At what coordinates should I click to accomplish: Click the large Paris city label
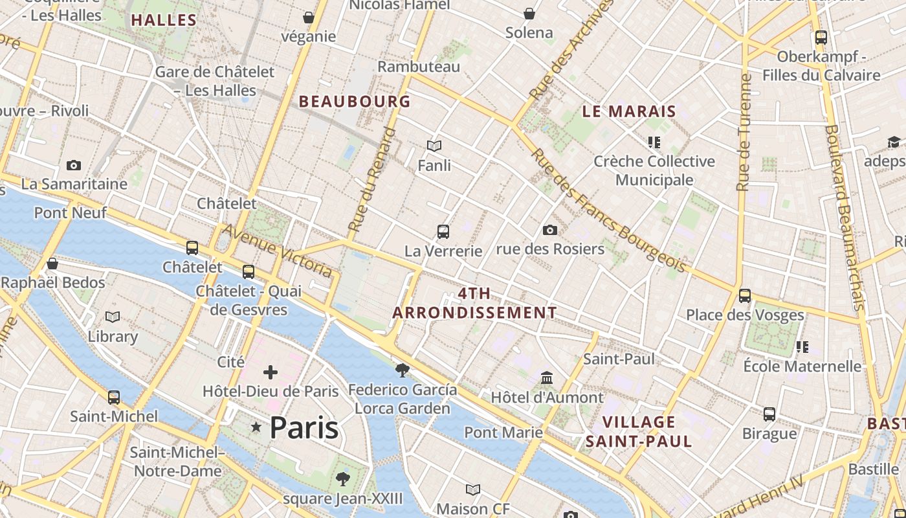(304, 427)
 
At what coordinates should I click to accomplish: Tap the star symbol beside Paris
(256, 427)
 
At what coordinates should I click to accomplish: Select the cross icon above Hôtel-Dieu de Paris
(271, 372)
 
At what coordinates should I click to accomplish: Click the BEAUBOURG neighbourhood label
(355, 101)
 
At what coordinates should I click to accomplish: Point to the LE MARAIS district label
(629, 111)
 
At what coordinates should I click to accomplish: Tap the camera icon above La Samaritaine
(74, 166)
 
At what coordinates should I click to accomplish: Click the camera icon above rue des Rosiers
(550, 231)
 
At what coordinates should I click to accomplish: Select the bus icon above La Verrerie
(443, 232)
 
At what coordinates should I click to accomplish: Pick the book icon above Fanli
(434, 147)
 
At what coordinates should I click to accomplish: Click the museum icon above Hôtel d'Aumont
(547, 377)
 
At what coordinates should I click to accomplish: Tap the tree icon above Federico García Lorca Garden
(402, 370)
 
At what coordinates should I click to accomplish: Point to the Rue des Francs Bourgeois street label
(608, 211)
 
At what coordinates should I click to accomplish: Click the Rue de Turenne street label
(744, 133)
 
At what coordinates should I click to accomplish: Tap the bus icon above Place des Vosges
(745, 296)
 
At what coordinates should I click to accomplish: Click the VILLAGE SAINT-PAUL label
(639, 432)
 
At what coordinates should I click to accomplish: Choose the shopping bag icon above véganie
(309, 17)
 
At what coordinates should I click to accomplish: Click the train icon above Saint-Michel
(114, 398)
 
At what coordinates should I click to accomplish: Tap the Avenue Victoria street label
(278, 251)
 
